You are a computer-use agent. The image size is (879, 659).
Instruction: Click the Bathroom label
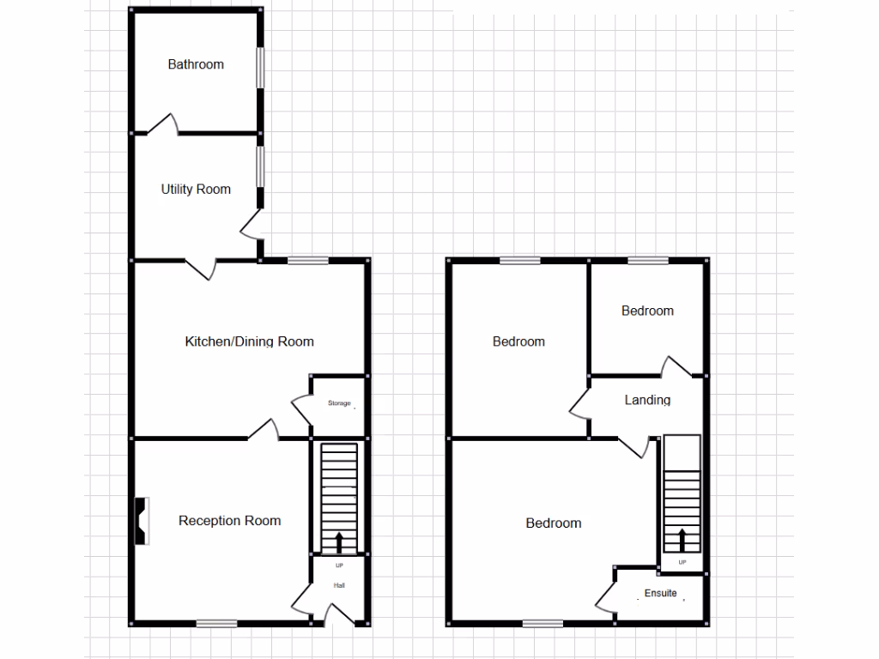[196, 64]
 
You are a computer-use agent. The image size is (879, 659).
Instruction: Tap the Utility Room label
[196, 190]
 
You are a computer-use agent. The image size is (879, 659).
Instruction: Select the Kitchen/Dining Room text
[249, 342]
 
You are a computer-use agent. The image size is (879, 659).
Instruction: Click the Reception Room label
[229, 521]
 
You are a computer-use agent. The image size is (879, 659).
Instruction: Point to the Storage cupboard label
[339, 403]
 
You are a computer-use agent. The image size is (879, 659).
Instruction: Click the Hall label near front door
[339, 585]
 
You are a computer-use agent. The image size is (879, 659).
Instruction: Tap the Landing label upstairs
[647, 400]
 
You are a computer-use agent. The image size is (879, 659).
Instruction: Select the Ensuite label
[660, 593]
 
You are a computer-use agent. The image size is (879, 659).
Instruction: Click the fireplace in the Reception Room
[141, 521]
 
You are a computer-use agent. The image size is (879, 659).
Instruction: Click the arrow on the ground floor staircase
[338, 541]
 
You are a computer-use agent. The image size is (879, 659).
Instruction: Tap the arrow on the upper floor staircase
[682, 539]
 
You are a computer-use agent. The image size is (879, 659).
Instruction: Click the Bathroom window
[261, 67]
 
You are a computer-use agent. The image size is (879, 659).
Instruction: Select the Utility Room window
[261, 166]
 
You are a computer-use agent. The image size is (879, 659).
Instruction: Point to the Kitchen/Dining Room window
[307, 260]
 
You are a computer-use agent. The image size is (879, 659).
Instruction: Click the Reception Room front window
[216, 624]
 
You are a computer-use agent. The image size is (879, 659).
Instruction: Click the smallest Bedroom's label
[647, 311]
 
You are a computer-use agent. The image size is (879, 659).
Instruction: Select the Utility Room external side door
[252, 225]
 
